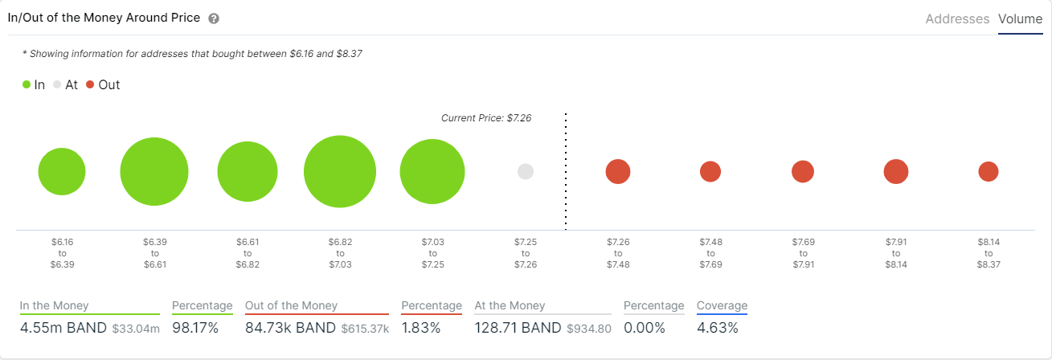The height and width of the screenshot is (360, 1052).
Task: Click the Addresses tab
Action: click(x=957, y=18)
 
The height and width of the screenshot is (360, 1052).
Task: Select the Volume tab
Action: click(x=1020, y=18)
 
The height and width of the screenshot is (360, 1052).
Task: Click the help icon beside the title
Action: click(x=214, y=18)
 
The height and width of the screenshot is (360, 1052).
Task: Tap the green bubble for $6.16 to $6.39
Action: click(x=62, y=171)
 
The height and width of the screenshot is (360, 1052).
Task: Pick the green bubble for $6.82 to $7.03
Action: click(x=340, y=171)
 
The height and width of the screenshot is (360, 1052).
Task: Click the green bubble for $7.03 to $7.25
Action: click(x=432, y=171)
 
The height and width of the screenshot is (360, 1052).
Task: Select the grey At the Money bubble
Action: click(x=526, y=171)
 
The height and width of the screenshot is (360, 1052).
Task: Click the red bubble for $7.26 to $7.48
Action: click(x=618, y=171)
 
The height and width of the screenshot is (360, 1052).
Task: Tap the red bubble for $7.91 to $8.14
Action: click(x=896, y=171)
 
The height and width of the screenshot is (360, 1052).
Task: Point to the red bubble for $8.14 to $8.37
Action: click(x=989, y=171)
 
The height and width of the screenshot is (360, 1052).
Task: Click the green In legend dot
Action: click(x=27, y=84)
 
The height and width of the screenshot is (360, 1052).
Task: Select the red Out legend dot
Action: click(x=90, y=84)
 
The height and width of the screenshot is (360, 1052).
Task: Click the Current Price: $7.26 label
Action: click(x=486, y=118)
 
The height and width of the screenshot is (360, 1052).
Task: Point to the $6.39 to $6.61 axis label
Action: click(x=154, y=252)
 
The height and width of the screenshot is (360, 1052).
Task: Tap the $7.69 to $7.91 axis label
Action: click(x=803, y=252)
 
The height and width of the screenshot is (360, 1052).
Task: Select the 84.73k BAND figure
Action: click(x=290, y=328)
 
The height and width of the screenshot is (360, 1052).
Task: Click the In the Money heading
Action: click(x=55, y=305)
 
